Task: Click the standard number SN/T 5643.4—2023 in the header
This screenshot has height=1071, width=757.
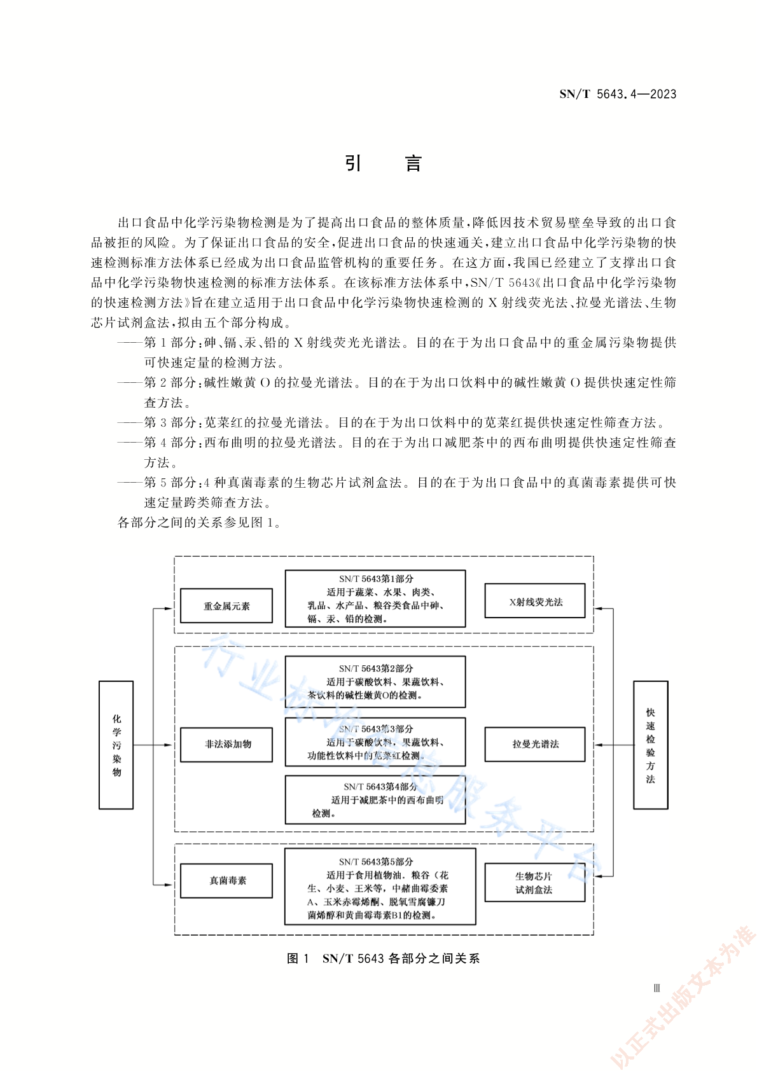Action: click(618, 94)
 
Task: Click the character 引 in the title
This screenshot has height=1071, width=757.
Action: click(353, 163)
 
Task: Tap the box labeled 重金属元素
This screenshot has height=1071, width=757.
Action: click(226, 605)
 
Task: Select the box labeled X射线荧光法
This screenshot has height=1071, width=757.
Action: click(534, 600)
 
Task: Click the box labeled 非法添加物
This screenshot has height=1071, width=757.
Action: click(226, 745)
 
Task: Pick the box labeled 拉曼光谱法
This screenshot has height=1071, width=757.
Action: click(534, 744)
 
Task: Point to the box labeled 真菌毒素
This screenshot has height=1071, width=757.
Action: click(226, 880)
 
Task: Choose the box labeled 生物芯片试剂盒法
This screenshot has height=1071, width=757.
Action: click(534, 882)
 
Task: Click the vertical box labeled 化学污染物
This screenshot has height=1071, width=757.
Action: click(116, 745)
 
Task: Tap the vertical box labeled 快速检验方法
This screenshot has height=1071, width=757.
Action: click(650, 745)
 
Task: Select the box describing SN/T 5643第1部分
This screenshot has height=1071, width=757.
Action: click(375, 598)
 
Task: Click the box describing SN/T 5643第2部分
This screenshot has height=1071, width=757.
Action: click(375, 681)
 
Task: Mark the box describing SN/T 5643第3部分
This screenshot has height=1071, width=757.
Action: click(375, 742)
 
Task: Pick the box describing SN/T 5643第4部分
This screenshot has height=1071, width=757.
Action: click(375, 799)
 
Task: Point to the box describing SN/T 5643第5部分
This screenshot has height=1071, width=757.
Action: click(380, 887)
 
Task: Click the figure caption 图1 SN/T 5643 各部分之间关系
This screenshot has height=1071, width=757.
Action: click(383, 958)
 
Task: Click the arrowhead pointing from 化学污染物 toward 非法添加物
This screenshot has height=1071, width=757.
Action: click(168, 745)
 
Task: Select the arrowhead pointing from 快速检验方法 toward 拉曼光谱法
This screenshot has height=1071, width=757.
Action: click(598, 745)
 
